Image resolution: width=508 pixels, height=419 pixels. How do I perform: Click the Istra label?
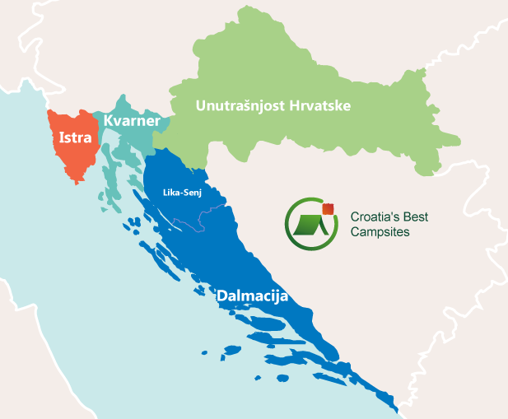pyautogui.click(x=72, y=137)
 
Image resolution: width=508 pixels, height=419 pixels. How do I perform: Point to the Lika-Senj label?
pyautogui.click(x=184, y=194)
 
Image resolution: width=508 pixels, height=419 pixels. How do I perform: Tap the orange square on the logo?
pyautogui.click(x=329, y=207)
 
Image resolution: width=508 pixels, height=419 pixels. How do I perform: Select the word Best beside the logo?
pyautogui.click(x=416, y=218)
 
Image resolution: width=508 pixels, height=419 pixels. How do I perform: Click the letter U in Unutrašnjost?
pyautogui.click(x=199, y=106)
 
